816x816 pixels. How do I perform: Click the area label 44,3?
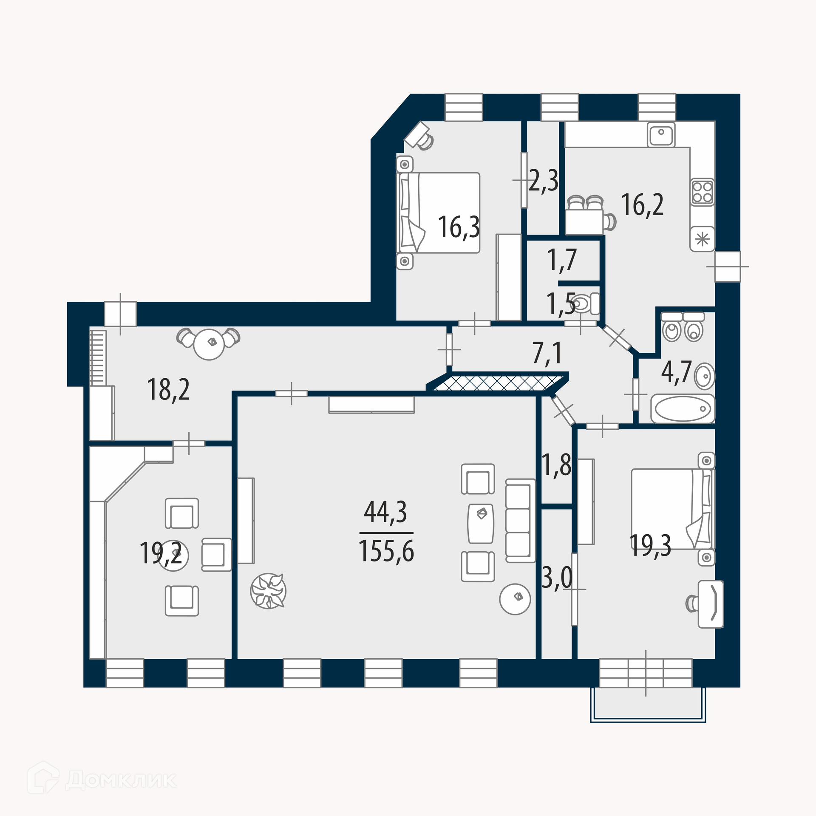pos(385,512)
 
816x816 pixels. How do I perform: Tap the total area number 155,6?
pos(386,551)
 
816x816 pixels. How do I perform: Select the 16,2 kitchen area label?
pos(642,205)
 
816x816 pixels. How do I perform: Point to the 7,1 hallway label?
pos(547,353)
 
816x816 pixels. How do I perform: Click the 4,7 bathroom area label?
pos(677,372)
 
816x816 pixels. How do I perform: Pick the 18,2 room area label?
pos(168,390)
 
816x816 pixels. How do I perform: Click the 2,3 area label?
pos(544,181)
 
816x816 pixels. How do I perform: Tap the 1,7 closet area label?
pos(562,260)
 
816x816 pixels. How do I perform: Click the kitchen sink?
pos(661,134)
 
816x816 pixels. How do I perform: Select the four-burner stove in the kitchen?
pos(702,192)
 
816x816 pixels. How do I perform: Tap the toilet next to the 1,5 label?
pos(585,304)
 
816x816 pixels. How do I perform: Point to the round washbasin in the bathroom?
pos(705,376)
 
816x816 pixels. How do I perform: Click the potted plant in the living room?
pos(268,591)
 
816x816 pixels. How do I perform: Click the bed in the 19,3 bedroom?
pos(673,509)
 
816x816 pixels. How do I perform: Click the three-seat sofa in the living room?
pos(520,521)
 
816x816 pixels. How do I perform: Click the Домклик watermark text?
pos(121,780)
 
